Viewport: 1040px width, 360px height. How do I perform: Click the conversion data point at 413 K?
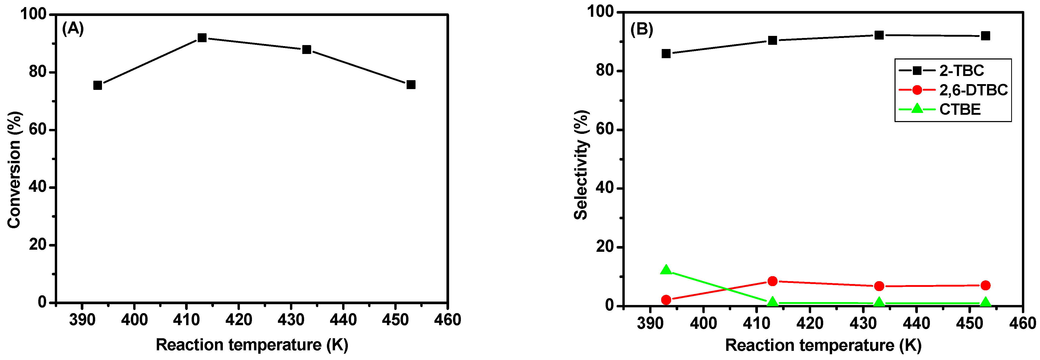(202, 38)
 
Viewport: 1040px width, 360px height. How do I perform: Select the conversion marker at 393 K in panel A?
(97, 85)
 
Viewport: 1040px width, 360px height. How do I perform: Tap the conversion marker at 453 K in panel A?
(411, 84)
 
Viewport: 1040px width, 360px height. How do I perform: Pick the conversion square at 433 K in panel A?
(306, 50)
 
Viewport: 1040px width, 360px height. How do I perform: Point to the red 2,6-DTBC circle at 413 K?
(772, 281)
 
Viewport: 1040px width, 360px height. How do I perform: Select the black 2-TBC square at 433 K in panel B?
(879, 35)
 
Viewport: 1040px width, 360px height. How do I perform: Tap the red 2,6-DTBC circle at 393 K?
(666, 300)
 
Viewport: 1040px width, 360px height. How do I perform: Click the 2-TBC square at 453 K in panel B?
(985, 36)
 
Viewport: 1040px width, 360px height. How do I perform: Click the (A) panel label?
(73, 29)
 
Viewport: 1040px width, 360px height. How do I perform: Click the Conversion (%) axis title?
(14, 170)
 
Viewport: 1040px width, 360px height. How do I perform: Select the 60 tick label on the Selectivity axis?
(605, 129)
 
